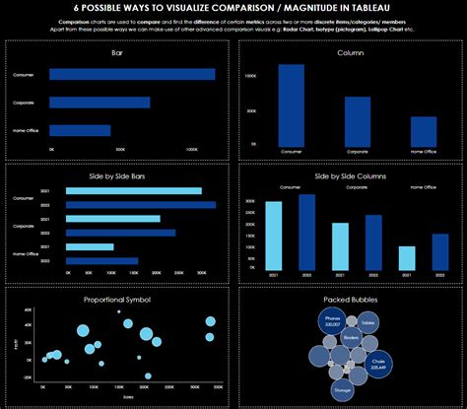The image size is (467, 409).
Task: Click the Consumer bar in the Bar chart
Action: coord(131,74)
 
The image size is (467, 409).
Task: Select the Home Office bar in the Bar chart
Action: coord(79,130)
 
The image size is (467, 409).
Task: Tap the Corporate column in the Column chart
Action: coord(358,118)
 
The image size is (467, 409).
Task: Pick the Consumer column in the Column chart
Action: coord(291,103)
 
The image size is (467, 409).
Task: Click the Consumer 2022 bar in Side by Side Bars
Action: coord(141,204)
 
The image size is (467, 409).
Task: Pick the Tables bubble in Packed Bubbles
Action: coord(367,322)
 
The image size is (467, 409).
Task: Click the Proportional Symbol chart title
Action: coord(117,298)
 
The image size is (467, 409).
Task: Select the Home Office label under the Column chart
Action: coord(424,152)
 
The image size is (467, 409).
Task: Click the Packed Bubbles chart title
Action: coord(350,298)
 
